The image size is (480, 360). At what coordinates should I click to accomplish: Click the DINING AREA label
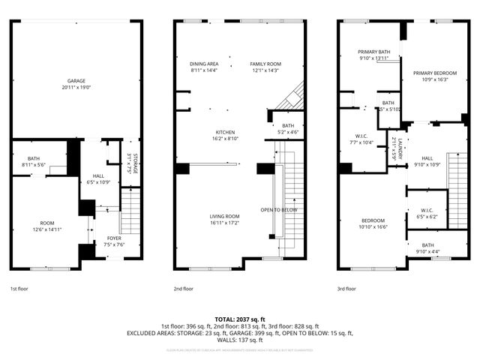[x=203, y=64]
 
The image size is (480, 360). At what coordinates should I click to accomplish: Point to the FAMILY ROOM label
[x=265, y=64]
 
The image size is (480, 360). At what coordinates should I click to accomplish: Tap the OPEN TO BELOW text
[x=279, y=209]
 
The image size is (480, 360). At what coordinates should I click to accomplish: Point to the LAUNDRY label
[x=401, y=148]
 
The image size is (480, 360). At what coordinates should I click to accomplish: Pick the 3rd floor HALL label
[x=427, y=158]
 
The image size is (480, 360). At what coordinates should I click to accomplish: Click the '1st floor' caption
[x=19, y=288]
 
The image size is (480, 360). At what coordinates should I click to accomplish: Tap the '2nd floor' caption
[x=184, y=288]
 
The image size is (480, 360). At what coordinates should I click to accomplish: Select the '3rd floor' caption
[x=347, y=288]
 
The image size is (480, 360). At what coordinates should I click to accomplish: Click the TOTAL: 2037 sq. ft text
[x=239, y=319]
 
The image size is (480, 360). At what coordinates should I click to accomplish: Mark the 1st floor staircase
[x=130, y=210]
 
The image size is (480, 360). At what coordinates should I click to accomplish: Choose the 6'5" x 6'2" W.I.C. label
[x=427, y=213]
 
